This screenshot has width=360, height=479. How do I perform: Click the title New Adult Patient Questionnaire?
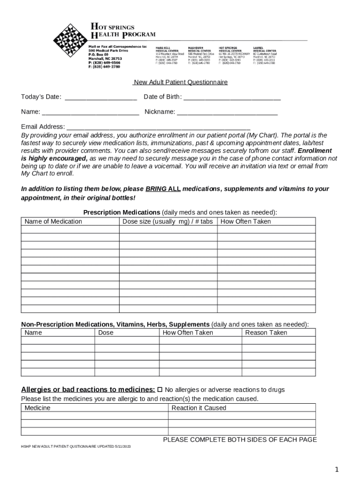pos(180,82)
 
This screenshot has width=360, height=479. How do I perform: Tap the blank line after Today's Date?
pos(101,97)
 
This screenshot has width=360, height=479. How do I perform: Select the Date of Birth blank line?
pos(232,97)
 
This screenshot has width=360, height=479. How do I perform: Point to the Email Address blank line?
pos(159,127)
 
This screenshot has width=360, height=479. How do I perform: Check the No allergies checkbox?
pos(160,390)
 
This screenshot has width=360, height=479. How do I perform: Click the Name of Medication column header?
pos(53,221)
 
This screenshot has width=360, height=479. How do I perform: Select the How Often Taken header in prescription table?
pos(245,221)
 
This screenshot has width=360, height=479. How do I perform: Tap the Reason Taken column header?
pos(266,333)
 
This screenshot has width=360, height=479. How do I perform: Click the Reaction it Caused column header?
pos(199,408)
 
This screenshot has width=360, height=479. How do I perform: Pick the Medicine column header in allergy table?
pos(37,408)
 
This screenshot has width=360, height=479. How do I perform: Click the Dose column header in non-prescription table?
pos(106,333)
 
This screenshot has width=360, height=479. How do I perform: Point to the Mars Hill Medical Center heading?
pos(166,49)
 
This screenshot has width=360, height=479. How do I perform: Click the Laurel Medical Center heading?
pos(264,49)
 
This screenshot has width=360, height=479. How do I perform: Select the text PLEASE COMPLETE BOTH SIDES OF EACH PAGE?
pos(239,440)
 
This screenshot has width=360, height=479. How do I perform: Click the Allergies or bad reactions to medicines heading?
pos(88,390)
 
